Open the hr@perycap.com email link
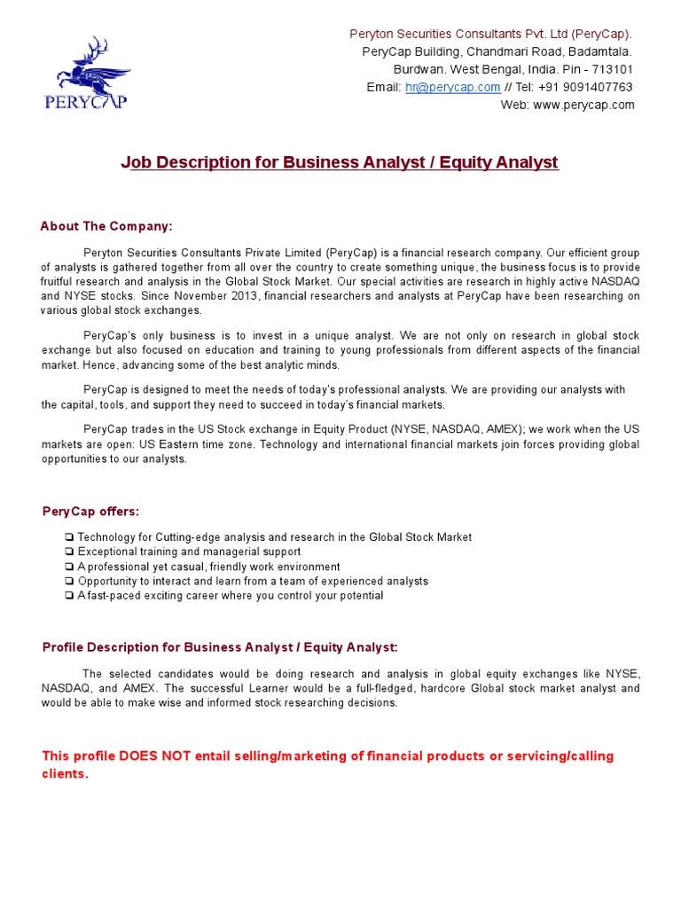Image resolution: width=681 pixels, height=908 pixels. (453, 87)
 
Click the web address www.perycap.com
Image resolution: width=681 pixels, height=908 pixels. (583, 105)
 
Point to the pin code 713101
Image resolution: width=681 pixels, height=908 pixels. (614, 69)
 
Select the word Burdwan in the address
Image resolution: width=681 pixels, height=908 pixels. (417, 69)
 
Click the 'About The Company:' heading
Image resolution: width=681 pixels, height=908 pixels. (106, 226)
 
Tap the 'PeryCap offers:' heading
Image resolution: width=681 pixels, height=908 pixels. (90, 512)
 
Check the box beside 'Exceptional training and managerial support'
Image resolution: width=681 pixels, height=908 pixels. (69, 552)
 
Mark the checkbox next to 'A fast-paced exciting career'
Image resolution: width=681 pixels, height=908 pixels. (69, 596)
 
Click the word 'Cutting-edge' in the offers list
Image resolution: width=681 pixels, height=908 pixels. (189, 537)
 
